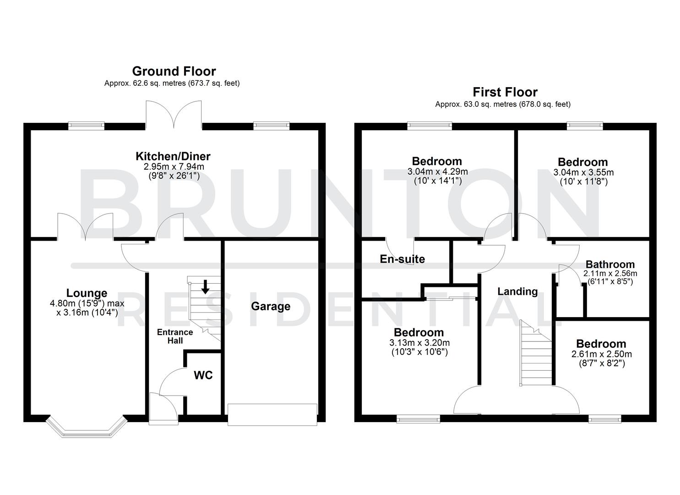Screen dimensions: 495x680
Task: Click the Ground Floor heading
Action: pyautogui.click(x=174, y=71)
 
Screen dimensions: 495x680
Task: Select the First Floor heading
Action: pyautogui.click(x=505, y=92)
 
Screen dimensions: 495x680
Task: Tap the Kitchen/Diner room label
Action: pyautogui.click(x=173, y=157)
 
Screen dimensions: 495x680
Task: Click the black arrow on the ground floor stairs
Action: pyautogui.click(x=205, y=287)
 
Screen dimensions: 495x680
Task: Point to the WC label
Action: pyautogui.click(x=203, y=375)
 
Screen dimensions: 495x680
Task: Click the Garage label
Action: pyautogui.click(x=270, y=306)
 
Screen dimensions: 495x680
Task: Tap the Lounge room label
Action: pyautogui.click(x=87, y=293)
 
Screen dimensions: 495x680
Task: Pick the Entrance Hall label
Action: pyautogui.click(x=175, y=336)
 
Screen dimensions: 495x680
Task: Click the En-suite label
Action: pyautogui.click(x=402, y=259)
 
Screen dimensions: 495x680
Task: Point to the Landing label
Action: pyautogui.click(x=517, y=291)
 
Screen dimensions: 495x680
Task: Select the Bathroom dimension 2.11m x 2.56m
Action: pyautogui.click(x=610, y=274)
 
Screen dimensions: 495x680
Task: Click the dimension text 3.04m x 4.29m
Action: pyautogui.click(x=437, y=172)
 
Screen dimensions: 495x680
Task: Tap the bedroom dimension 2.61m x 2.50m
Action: pyautogui.click(x=601, y=354)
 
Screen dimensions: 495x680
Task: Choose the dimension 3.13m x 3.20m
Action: pyautogui.click(x=419, y=343)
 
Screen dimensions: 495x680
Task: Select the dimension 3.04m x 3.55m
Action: pyautogui.click(x=583, y=172)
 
